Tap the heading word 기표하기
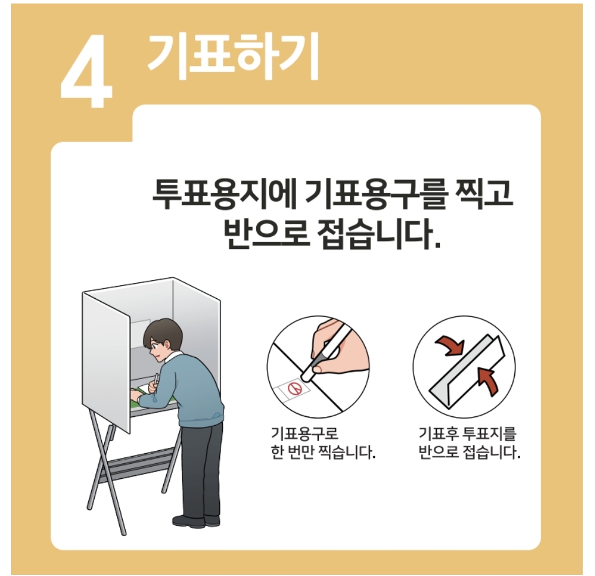(233, 57)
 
